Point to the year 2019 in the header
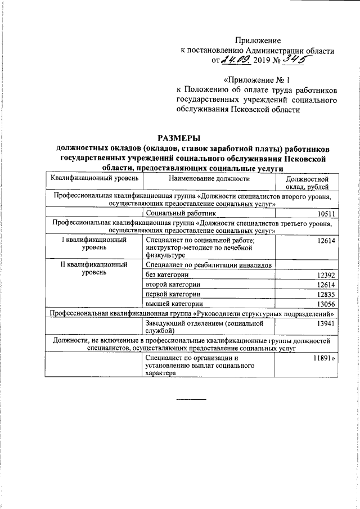pos(262,60)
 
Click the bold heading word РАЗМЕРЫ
pos(179,138)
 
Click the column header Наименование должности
pos(209,178)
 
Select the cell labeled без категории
pos(167,275)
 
